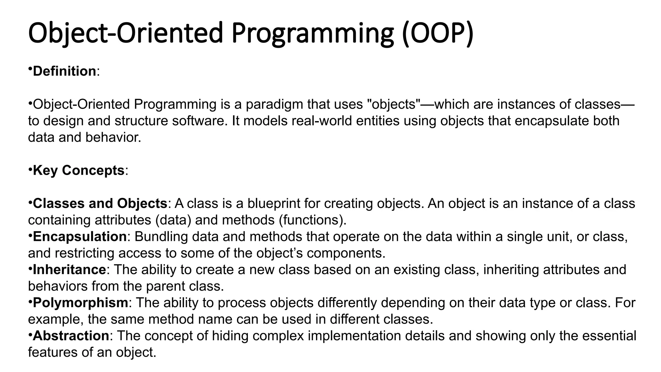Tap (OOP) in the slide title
pyautogui.click(x=438, y=34)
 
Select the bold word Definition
pyautogui.click(x=64, y=71)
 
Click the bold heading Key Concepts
pyautogui.click(x=78, y=170)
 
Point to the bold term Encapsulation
pyautogui.click(x=80, y=236)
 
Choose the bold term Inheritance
pyautogui.click(x=69, y=269)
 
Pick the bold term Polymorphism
pyautogui.click(x=80, y=303)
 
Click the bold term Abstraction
pyautogui.click(x=71, y=336)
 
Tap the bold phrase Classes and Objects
pyautogui.click(x=100, y=203)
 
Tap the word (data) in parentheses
pyautogui.click(x=173, y=220)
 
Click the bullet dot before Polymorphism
pyautogui.click(x=30, y=301)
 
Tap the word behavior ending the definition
pyautogui.click(x=113, y=137)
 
